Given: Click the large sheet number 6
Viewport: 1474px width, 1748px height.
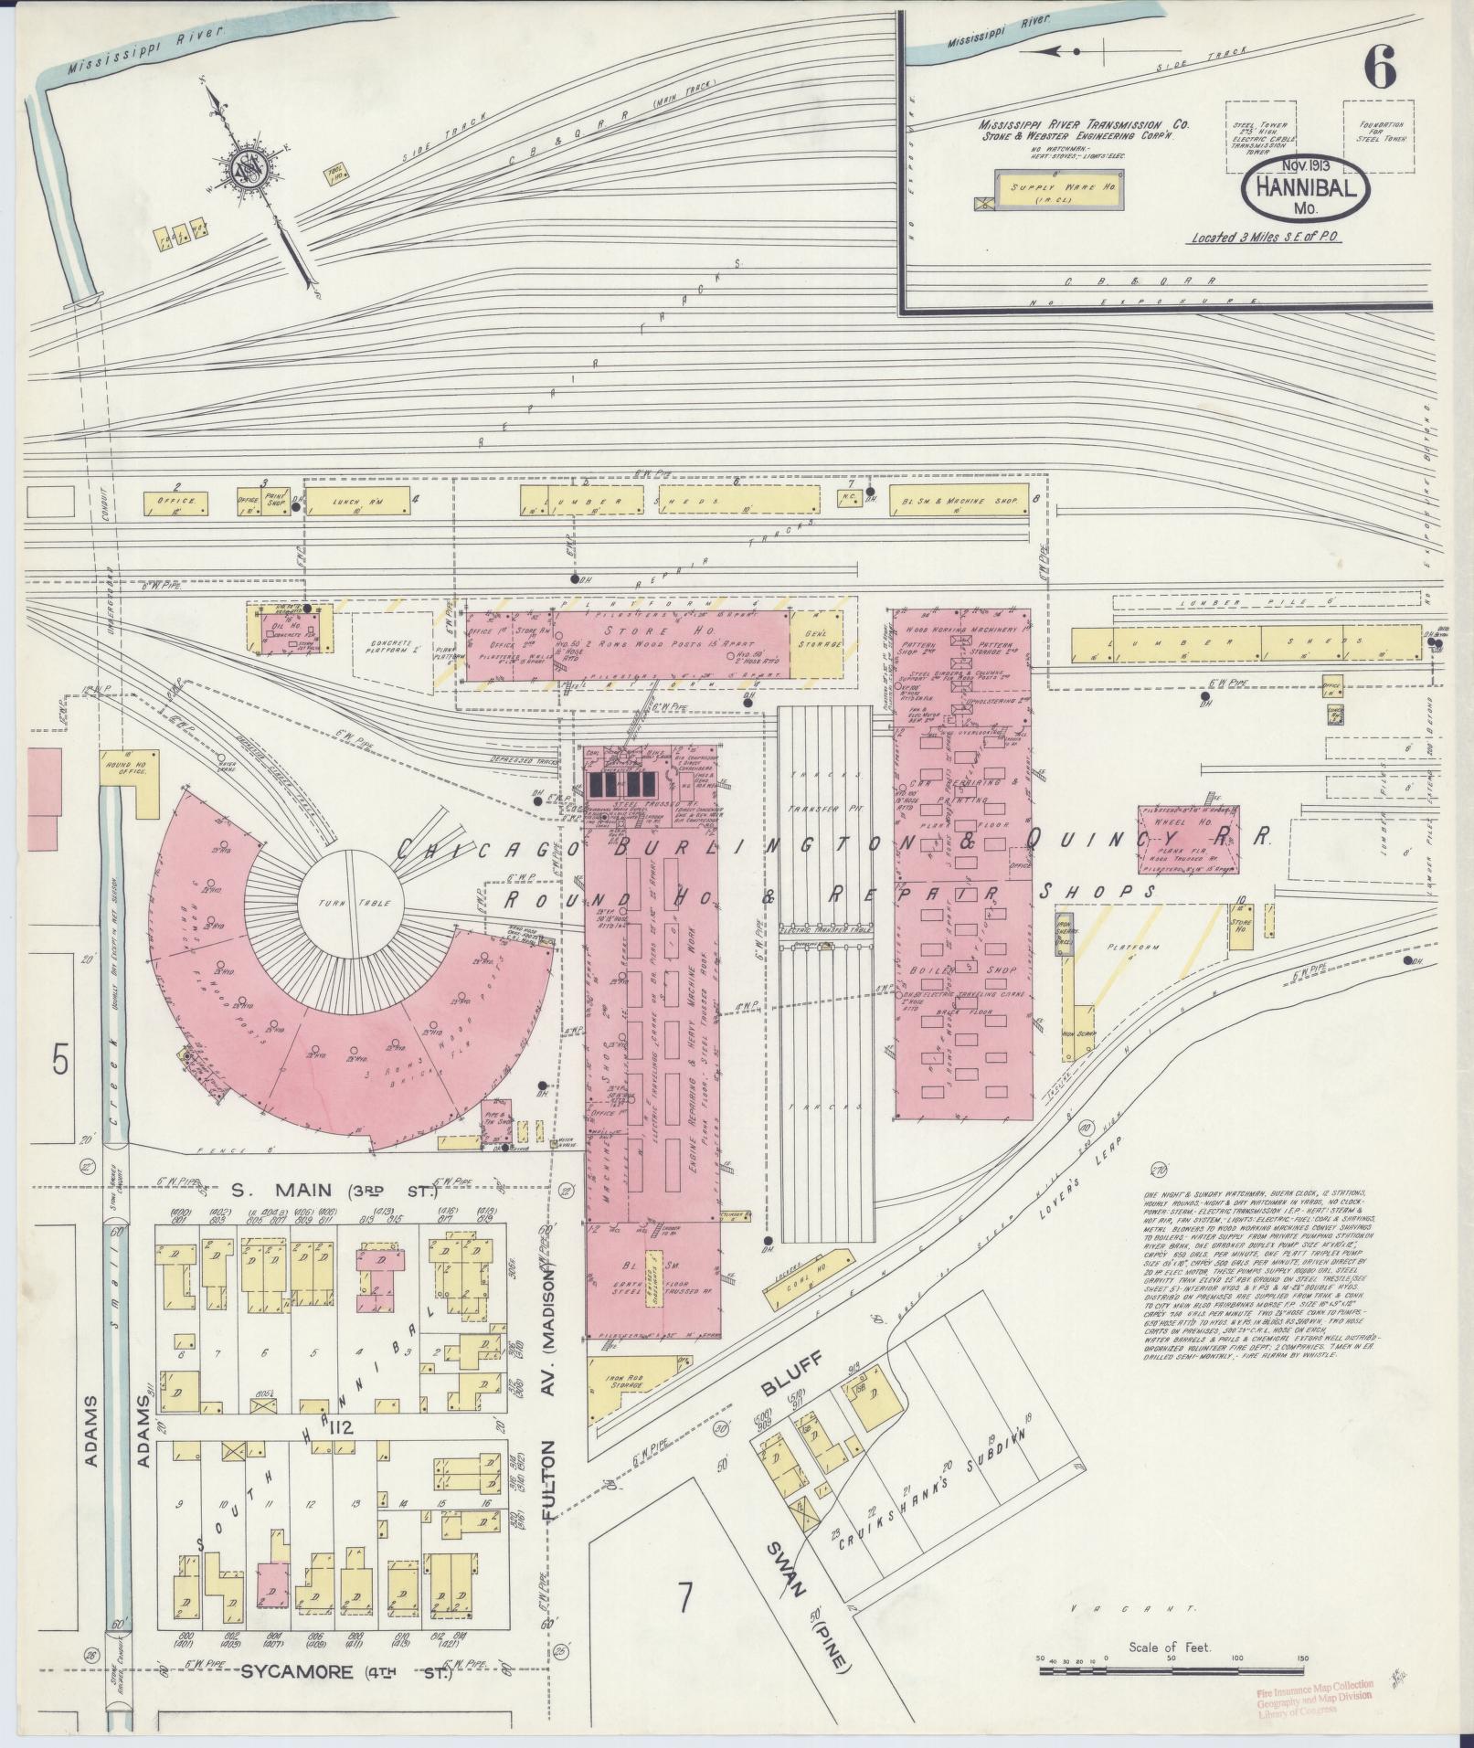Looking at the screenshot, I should pos(1379,68).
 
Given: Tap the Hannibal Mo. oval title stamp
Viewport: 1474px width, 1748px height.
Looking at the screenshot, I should pos(1305,196).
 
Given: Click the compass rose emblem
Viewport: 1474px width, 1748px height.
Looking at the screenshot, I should pos(245,168).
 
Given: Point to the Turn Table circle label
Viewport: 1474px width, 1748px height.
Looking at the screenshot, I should pos(347,903).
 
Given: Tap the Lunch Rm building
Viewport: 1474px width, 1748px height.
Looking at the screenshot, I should pos(357,502).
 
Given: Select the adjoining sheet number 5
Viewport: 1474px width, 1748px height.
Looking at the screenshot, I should pos(60,1062).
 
